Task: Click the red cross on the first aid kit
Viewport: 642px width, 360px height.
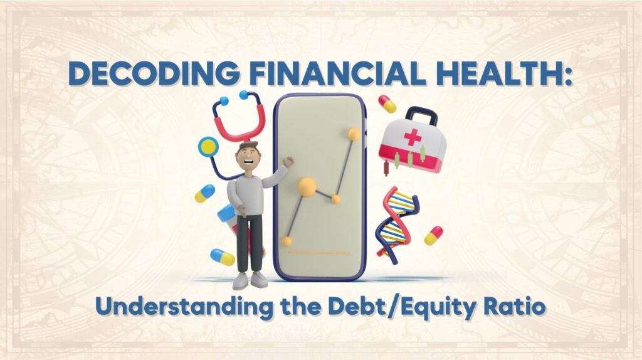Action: point(411,137)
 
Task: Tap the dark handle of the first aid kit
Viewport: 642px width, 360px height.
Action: point(421,114)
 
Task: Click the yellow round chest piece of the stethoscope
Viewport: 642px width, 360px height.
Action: point(208,147)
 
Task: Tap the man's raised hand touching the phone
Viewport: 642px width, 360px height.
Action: point(288,161)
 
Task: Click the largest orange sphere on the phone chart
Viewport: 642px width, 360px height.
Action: point(307,186)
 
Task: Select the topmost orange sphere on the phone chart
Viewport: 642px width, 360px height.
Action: point(354,134)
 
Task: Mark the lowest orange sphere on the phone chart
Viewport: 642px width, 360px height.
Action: point(287,241)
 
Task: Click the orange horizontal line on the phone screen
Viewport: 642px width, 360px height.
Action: point(318,253)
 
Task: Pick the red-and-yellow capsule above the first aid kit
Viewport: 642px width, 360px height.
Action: point(387,104)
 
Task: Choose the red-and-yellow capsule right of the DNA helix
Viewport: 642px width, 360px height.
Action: point(433,235)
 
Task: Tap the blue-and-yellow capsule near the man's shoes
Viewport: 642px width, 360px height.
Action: point(223,257)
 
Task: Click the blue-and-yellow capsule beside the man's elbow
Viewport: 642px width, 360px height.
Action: point(204,193)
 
